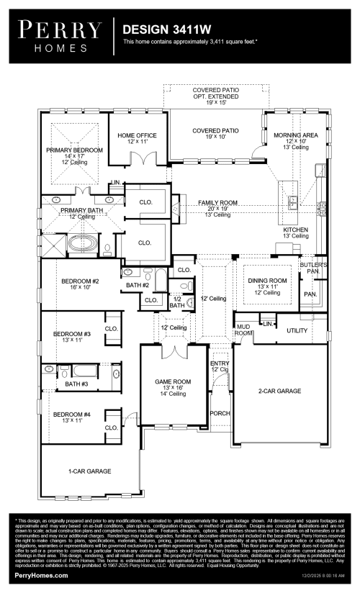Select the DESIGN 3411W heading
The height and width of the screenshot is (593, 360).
159,31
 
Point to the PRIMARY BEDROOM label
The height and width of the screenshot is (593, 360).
75,150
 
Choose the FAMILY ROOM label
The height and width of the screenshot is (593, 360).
218,204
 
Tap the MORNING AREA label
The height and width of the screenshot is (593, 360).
296,135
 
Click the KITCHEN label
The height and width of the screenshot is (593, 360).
295,230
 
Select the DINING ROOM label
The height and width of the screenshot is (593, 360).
267,281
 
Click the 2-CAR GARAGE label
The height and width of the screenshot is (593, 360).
279,391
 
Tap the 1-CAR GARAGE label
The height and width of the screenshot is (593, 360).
89,471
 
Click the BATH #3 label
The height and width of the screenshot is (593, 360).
76,384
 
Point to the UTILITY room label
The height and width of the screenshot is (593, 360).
297,330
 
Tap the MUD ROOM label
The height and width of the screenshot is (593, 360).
243,330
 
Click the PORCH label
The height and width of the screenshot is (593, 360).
219,414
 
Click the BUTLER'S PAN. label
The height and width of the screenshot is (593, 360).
317,268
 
